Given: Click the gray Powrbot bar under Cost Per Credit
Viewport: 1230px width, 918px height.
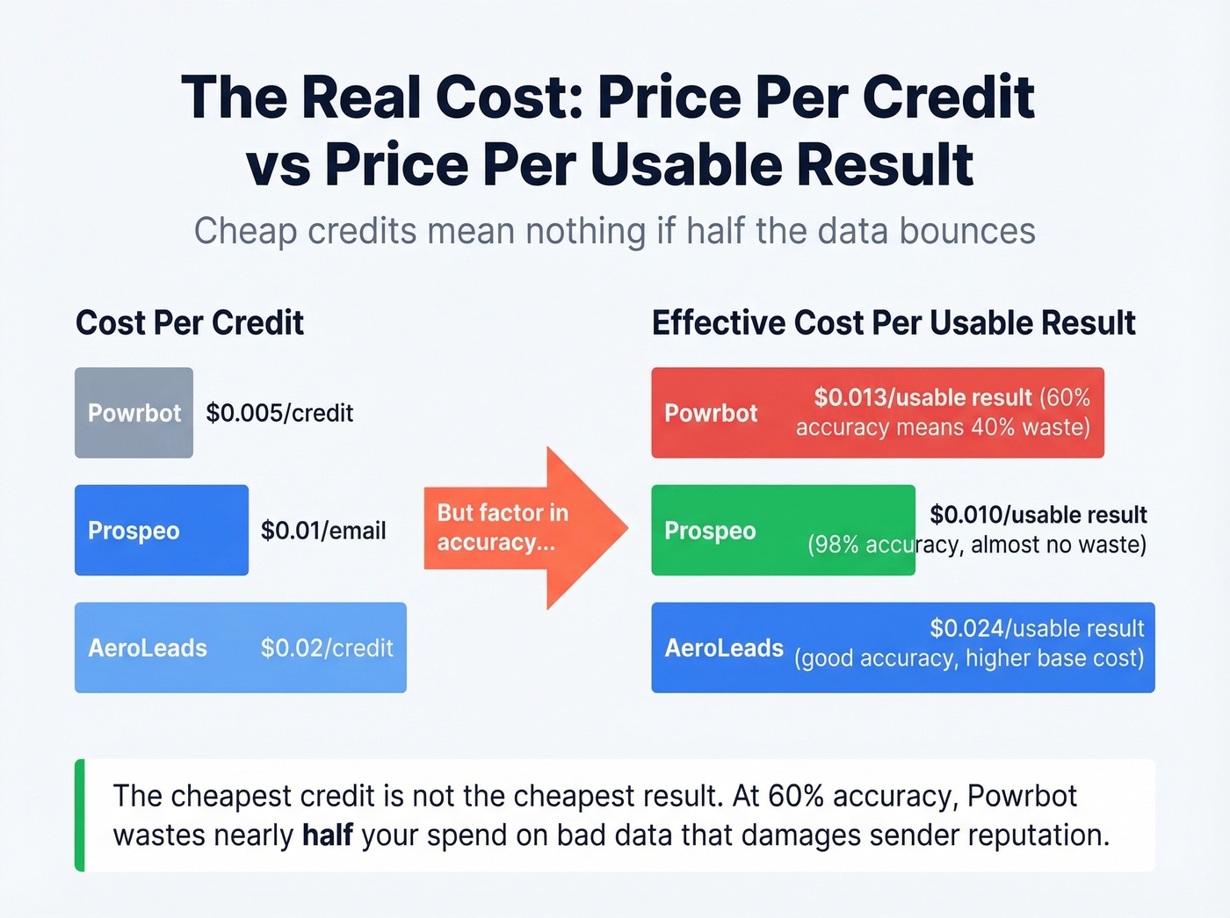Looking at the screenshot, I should [x=134, y=413].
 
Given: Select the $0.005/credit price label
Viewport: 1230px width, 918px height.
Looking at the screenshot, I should [x=279, y=413].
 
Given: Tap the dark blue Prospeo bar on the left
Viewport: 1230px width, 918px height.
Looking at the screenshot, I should [x=162, y=531].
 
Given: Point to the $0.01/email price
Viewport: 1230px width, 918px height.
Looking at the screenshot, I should [x=323, y=531].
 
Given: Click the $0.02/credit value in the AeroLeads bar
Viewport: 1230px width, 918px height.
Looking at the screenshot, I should [x=327, y=648].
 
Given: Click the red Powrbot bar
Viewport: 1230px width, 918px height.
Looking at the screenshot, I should [x=877, y=413].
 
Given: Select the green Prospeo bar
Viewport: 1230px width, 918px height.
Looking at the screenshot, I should [x=782, y=531].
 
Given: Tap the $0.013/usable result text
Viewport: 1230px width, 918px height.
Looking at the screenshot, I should [x=922, y=398].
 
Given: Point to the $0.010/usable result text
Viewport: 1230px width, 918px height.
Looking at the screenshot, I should [x=1038, y=515].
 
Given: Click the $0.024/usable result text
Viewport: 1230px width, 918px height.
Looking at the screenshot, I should [x=1037, y=628].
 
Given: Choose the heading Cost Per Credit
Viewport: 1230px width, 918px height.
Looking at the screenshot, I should [x=190, y=322].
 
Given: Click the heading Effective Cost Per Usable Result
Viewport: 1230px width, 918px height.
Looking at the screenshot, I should [x=894, y=322].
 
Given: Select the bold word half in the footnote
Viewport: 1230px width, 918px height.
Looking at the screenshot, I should [x=328, y=835].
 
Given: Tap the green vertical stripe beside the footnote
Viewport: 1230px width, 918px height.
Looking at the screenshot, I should [x=80, y=815].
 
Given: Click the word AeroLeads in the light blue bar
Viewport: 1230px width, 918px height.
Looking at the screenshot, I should [x=148, y=648].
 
